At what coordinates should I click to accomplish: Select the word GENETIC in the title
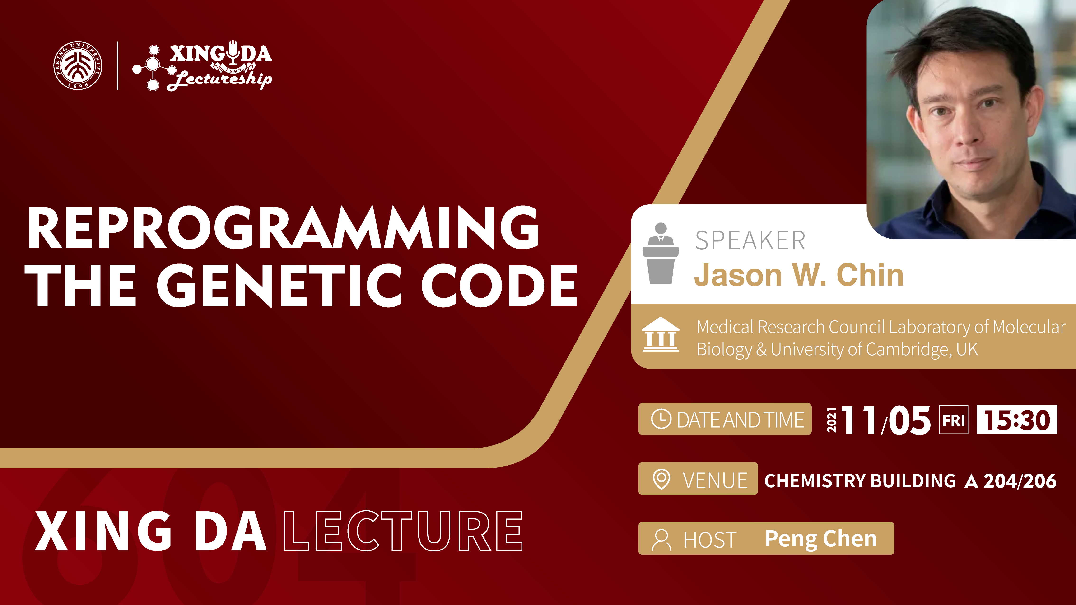279,286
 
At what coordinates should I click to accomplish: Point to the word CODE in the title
499,286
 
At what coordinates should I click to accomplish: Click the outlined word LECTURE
403,531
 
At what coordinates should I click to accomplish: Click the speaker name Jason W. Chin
799,275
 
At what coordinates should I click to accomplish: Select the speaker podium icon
660,254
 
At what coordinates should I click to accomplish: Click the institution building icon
660,334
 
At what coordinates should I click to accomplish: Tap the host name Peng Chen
820,539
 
